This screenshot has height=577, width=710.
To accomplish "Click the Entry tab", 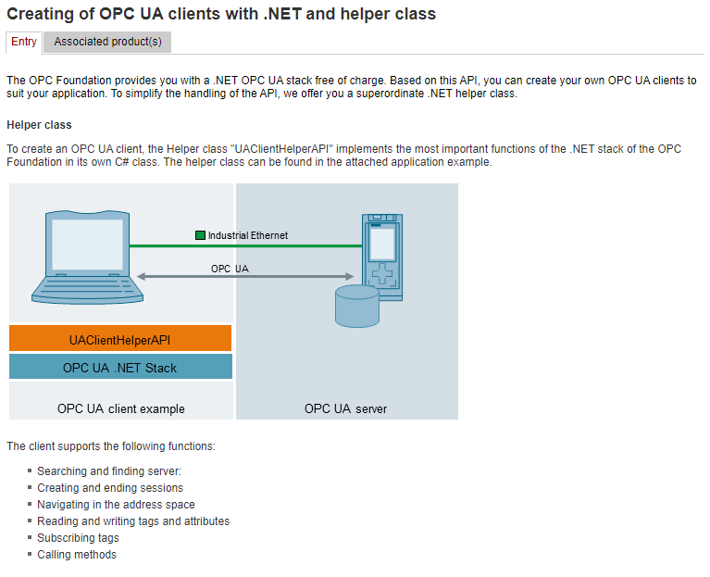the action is point(24,42).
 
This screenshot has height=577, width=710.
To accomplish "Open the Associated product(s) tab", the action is point(107,42).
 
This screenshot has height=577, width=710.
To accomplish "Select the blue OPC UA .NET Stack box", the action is point(120,367).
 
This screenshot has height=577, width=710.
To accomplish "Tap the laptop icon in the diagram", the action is point(87,257).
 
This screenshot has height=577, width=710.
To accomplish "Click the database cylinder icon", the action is point(357,307).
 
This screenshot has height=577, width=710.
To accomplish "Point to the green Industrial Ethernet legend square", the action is point(200,235).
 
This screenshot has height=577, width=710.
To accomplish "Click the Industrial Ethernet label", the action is point(248,235).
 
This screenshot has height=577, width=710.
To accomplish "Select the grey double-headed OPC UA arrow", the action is point(245,276).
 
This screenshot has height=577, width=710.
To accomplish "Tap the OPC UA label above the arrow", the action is point(230,269).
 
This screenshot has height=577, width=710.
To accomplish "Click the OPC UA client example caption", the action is point(121,409).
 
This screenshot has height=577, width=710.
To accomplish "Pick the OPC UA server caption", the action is point(345,409).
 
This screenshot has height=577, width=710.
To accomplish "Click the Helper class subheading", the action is point(39,125).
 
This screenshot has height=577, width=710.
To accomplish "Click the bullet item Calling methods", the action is point(77,555).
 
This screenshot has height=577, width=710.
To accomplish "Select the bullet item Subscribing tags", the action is point(78,538).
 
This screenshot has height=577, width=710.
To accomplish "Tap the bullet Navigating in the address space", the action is point(116,505).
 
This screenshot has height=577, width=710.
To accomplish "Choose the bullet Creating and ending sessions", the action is point(110,488).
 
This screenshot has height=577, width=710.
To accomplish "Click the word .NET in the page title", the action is point(282,14).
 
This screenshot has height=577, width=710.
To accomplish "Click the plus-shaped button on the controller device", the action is point(382,273).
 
